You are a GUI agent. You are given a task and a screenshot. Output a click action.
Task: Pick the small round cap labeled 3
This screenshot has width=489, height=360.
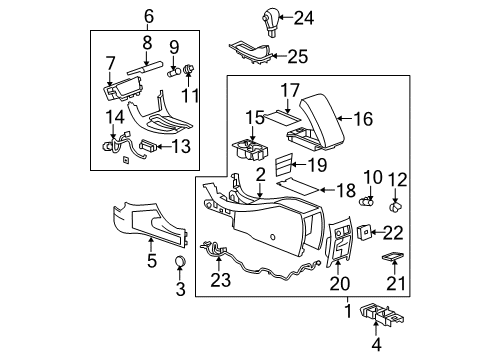[x=180, y=263]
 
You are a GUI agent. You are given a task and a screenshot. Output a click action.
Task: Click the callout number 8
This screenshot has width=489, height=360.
[x=146, y=42]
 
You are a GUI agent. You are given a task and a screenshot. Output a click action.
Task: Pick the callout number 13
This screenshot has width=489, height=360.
[x=182, y=146]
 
